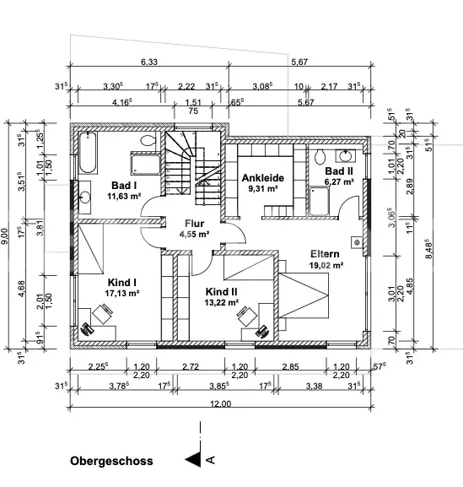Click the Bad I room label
coord(124,186)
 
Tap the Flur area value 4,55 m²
coord(194,234)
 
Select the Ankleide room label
coord(263,177)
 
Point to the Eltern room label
coord(325,254)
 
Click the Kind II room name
coord(221,292)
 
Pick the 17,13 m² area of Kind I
coord(121,293)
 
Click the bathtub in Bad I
coord(88,152)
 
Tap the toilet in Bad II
coord(320,157)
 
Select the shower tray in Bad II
coord(319,201)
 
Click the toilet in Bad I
coord(148,141)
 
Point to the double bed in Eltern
coord(303,295)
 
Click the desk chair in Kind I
coord(102,314)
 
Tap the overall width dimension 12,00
coord(221,403)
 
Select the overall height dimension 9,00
coord(4,236)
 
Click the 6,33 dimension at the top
coord(149,62)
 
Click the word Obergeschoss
coord(111,461)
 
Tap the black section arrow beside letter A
coord(193,459)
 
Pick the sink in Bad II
coord(345,156)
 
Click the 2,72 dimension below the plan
coord(191,366)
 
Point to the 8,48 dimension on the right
coord(428,248)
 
